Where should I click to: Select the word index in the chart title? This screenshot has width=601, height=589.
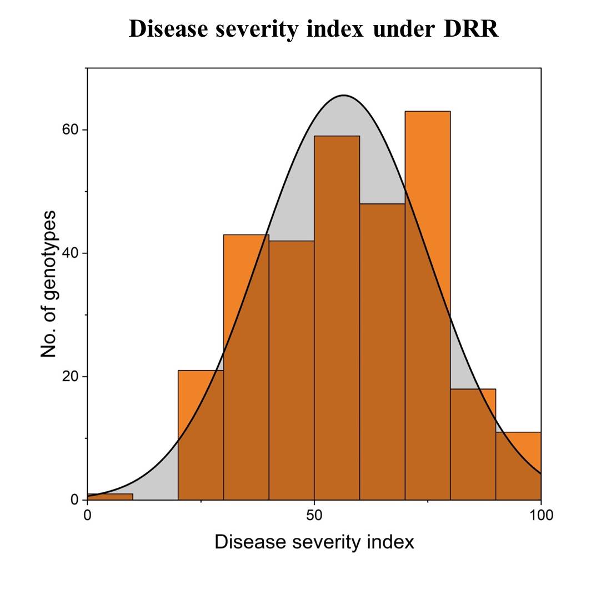click(337, 29)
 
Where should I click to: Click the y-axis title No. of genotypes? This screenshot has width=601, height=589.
click(49, 284)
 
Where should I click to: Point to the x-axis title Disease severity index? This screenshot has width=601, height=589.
click(314, 542)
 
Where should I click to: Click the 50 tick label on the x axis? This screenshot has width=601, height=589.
click(314, 515)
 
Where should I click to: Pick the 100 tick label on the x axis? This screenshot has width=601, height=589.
click(541, 515)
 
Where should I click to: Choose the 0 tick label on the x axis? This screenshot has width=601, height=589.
click(87, 515)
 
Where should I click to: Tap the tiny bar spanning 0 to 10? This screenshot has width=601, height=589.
click(110, 496)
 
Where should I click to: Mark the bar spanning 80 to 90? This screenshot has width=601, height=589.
click(473, 445)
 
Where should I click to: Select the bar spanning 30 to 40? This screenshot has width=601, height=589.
click(246, 367)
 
